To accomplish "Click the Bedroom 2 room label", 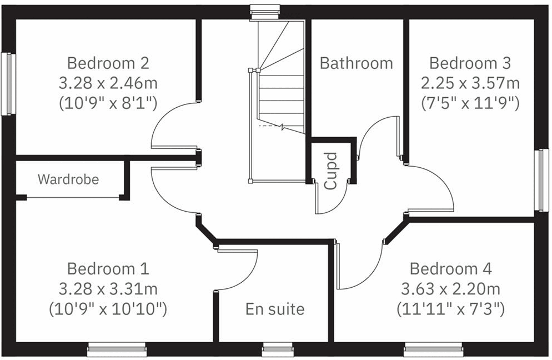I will (108, 63).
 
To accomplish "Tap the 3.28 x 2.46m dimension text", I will (108, 83).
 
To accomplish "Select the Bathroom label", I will (356, 63).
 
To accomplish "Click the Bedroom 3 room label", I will (470, 63).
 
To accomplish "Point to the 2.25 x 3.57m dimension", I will (470, 83).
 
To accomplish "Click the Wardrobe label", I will (68, 179).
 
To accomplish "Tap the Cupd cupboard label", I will (330, 171).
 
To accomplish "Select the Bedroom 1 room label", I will (108, 269).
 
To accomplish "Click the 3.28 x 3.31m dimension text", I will (108, 289).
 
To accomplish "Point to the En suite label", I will (275, 309).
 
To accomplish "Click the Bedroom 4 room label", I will (450, 269).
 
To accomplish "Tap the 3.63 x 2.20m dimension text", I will (450, 289).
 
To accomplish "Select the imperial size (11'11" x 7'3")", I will (450, 309).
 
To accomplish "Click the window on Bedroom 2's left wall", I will (8, 84).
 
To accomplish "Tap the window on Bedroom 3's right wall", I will (541, 181).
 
